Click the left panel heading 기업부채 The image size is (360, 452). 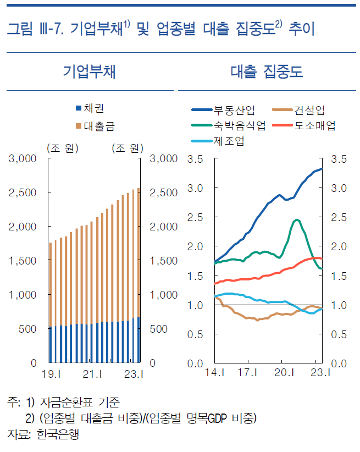pos(89,72)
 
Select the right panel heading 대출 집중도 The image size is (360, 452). pos(267,72)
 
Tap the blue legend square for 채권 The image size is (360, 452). pos(78,107)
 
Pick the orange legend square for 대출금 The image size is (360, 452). pos(78,126)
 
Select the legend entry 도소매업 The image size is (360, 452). pos(314,126)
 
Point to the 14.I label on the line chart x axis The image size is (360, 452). pos(215,375)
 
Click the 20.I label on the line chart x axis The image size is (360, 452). pos(282,375)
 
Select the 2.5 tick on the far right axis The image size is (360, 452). pos(340,217)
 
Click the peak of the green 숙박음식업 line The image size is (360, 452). pos(297,219)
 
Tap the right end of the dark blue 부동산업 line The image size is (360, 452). pos(322,169)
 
